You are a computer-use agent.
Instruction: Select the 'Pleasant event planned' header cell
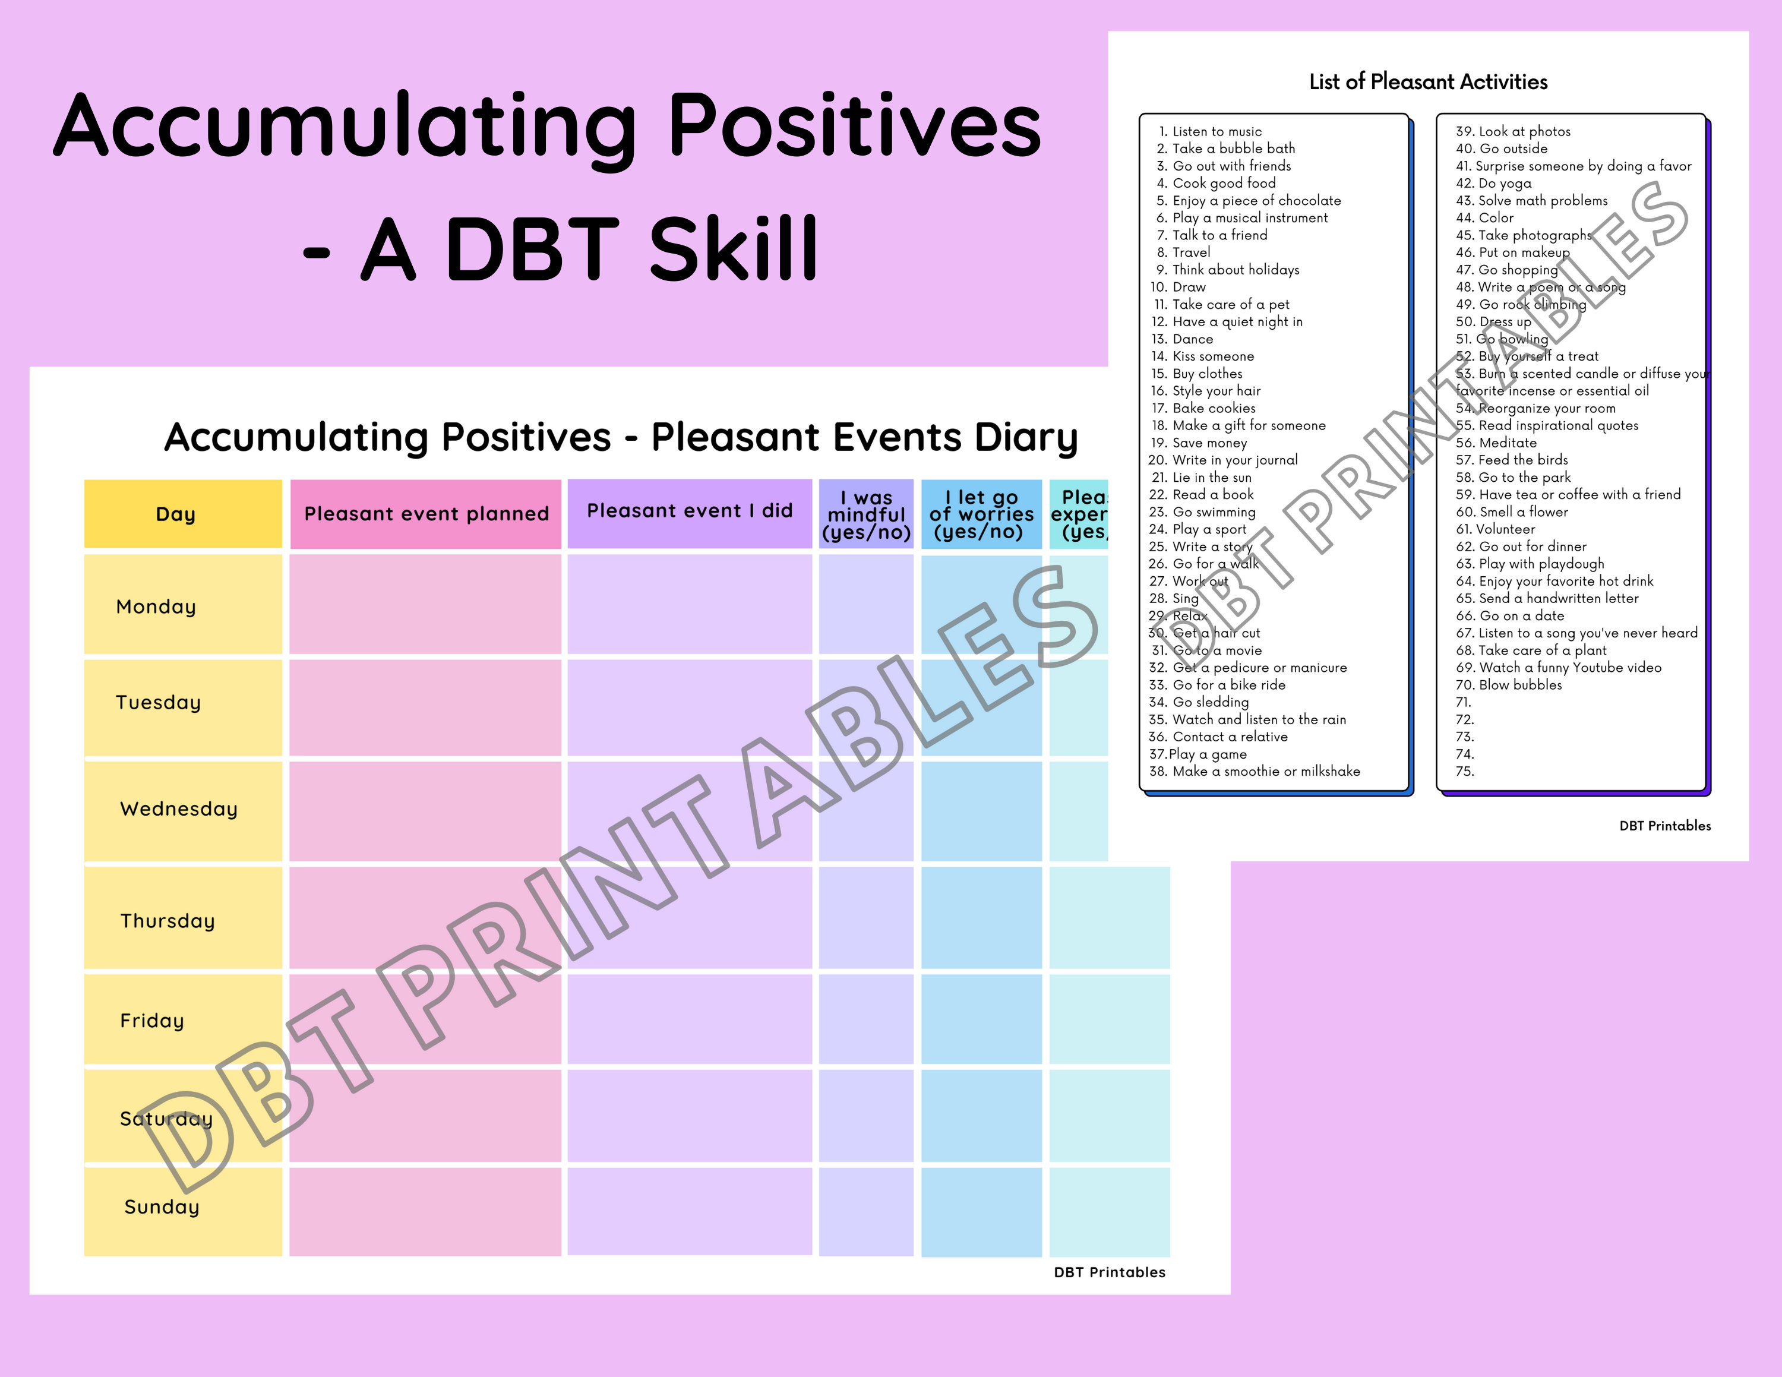[425, 514]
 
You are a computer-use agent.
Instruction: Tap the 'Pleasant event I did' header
[690, 512]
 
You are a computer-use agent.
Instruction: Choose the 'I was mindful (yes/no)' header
[865, 515]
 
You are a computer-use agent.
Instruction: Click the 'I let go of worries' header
[981, 515]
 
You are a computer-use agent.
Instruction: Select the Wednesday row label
[179, 808]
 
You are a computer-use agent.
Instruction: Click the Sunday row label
[162, 1207]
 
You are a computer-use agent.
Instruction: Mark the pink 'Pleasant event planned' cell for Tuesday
[425, 708]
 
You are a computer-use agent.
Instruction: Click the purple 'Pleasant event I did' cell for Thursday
[690, 918]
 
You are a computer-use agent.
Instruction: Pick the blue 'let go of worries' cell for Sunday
[981, 1211]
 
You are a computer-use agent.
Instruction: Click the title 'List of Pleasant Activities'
[1428, 81]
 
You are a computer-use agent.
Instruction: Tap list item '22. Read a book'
[1201, 494]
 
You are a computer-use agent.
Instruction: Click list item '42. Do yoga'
[1493, 184]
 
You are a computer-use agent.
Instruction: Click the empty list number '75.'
[1465, 771]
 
